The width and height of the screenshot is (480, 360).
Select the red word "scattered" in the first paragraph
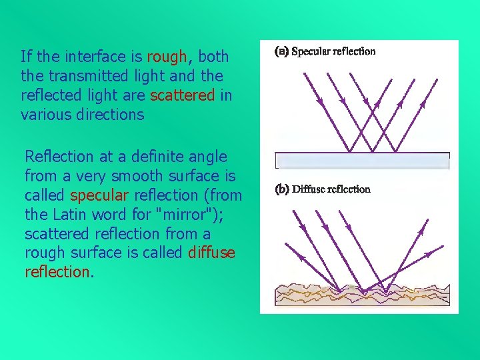coord(183,95)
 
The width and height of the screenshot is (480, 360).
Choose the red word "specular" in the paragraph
coord(98,196)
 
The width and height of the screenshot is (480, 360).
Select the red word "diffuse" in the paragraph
coord(211,253)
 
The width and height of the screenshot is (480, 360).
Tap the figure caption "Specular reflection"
coord(334,51)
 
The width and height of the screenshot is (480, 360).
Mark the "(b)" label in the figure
coord(282,189)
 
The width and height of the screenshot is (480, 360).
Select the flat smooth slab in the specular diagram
coord(362,161)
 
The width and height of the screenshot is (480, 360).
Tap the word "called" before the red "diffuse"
coord(163,253)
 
